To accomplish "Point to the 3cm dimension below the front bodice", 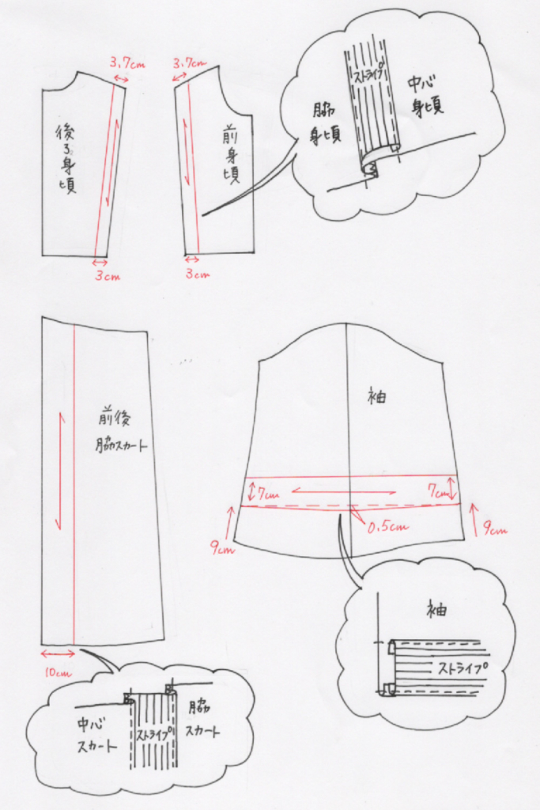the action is (x=198, y=274).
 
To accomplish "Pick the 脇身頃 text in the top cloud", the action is (x=326, y=123).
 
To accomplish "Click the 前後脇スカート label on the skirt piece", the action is (x=120, y=432).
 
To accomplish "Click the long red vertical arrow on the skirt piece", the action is (x=60, y=470).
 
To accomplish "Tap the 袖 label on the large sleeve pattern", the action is (x=377, y=396).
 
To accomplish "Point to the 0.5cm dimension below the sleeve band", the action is (x=387, y=526).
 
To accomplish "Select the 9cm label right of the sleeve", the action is (x=495, y=529).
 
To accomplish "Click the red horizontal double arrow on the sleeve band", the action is (x=345, y=491).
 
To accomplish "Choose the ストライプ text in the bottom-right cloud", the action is (x=463, y=668).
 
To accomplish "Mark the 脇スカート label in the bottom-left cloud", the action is (x=202, y=720).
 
